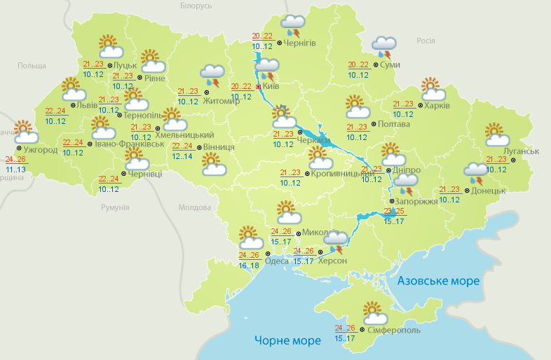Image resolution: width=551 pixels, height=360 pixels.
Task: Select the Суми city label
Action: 391,65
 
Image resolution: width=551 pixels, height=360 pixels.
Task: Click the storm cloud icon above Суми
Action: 383,46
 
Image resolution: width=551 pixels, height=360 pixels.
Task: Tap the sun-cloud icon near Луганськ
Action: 496,134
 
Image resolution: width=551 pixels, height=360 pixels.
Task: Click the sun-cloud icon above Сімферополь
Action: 372,312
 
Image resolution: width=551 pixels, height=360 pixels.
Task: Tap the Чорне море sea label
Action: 288,340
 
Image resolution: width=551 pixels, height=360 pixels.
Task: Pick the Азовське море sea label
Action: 438,280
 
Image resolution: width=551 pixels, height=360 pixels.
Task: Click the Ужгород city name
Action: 40,150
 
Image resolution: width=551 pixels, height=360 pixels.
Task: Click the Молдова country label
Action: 194,207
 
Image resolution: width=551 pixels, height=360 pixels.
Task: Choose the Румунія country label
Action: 115,207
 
